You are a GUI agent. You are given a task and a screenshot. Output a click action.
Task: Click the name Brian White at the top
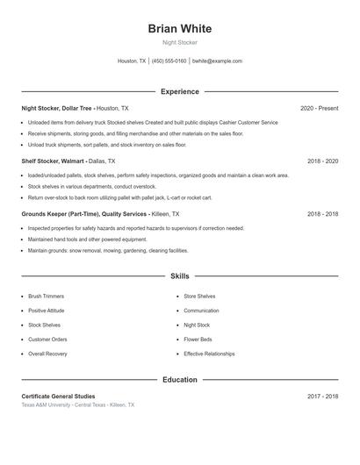180,28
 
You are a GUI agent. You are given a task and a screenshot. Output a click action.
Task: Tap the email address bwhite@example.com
217,61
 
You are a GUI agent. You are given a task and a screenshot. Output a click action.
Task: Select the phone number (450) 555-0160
169,61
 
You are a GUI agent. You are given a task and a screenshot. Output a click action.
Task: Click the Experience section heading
180,91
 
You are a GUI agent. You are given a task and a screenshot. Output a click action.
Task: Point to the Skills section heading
180,275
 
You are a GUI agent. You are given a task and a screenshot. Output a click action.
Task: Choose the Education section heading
180,380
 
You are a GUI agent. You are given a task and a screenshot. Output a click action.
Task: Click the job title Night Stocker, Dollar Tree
57,108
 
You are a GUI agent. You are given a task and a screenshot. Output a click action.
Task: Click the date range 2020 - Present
319,108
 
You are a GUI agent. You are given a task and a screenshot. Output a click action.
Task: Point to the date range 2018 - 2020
322,161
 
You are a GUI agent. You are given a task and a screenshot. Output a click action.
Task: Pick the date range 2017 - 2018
322,397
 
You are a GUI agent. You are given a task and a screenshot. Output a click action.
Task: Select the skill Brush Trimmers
46,297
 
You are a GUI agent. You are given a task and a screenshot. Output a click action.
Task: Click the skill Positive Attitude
47,311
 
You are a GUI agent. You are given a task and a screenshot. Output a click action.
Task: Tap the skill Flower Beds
198,339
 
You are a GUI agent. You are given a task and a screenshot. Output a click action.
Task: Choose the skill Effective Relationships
209,354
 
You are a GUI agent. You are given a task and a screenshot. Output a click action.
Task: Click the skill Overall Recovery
47,354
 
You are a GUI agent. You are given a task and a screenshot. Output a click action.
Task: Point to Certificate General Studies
58,397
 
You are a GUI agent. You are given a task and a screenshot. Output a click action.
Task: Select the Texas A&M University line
78,405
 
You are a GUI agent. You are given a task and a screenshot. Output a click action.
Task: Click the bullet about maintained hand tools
87,240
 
